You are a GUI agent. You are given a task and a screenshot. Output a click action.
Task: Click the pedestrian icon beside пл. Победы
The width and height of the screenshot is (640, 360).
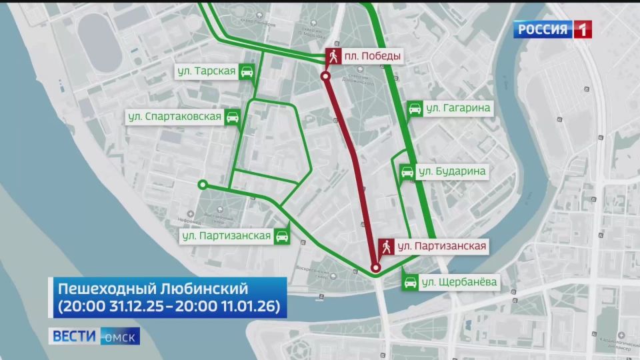point(333,57)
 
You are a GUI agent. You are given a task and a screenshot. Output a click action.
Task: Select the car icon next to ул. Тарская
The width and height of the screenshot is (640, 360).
point(247,72)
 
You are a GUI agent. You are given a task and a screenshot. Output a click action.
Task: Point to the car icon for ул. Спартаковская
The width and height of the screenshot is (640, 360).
point(232,117)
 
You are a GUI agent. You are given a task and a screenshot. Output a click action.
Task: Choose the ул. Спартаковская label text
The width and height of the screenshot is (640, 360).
point(175,117)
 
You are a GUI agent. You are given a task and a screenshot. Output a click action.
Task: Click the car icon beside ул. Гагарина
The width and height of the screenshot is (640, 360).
point(414,108)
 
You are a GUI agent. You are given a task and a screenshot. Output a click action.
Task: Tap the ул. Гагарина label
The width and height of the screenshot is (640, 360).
point(459,108)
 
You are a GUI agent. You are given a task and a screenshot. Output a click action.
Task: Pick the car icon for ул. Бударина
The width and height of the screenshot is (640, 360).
point(406,171)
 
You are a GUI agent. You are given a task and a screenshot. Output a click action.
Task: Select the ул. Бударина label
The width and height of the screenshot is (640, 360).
point(451,171)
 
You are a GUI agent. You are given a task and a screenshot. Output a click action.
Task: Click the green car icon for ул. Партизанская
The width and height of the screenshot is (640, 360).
point(282,235)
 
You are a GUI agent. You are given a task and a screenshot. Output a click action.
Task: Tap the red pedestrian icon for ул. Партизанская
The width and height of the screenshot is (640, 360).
point(386,247)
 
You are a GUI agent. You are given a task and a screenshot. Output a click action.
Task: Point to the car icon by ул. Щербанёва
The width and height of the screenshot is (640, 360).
point(411,282)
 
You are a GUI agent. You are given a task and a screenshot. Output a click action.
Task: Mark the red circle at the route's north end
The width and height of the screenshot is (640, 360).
point(326,77)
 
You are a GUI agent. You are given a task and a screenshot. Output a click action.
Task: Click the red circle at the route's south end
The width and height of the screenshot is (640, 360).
point(376,268)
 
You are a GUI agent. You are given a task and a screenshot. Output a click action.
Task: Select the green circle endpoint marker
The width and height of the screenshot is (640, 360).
point(203,185)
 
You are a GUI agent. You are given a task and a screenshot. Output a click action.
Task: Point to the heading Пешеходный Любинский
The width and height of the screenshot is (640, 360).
point(153,289)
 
